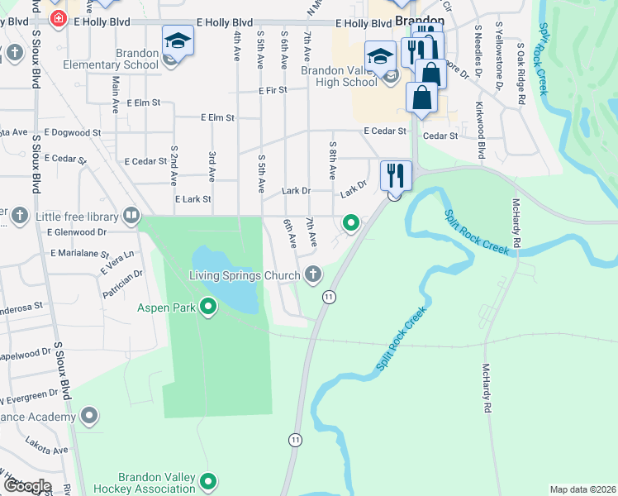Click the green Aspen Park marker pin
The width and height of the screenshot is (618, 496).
pyautogui.click(x=208, y=308)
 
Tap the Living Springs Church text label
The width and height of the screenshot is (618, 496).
pyautogui.click(x=245, y=275)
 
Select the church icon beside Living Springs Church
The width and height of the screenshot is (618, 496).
pyautogui.click(x=312, y=274)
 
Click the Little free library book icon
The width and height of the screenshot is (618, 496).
pyautogui.click(x=131, y=217)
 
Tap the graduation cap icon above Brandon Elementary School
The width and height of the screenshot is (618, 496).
pyautogui.click(x=178, y=41)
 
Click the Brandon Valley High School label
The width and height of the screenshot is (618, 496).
pyautogui.click(x=339, y=76)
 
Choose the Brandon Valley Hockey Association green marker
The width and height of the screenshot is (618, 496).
pyautogui.click(x=208, y=481)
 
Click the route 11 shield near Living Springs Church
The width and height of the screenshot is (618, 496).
pyautogui.click(x=329, y=297)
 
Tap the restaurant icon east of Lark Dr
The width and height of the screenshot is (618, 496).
pyautogui.click(x=395, y=175)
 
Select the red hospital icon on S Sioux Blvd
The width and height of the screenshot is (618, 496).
pyautogui.click(x=59, y=17)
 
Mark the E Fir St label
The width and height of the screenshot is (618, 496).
pyautogui.click(x=272, y=90)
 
